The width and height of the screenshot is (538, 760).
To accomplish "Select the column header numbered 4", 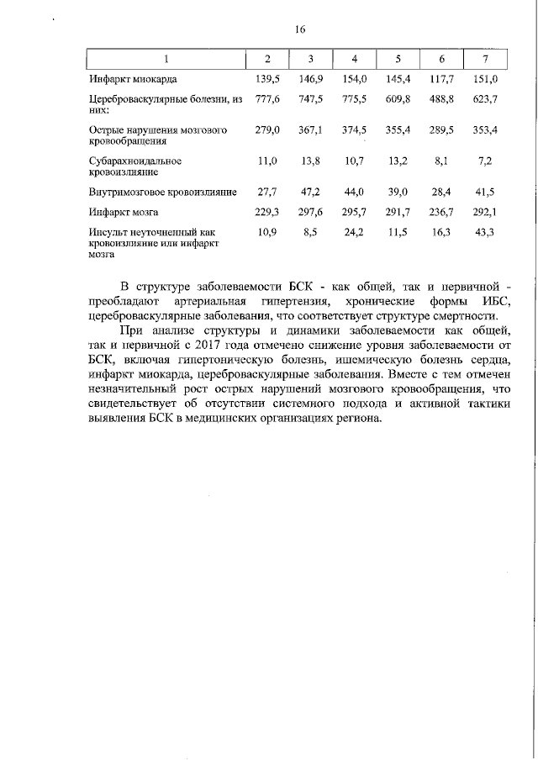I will click(x=355, y=59).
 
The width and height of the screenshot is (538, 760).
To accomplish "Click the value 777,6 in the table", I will click(x=267, y=100).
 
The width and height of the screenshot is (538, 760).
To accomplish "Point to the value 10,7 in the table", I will click(x=356, y=160).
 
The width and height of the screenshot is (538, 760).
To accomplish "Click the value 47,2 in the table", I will click(x=312, y=193).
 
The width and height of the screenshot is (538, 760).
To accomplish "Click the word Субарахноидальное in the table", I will click(x=135, y=160).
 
